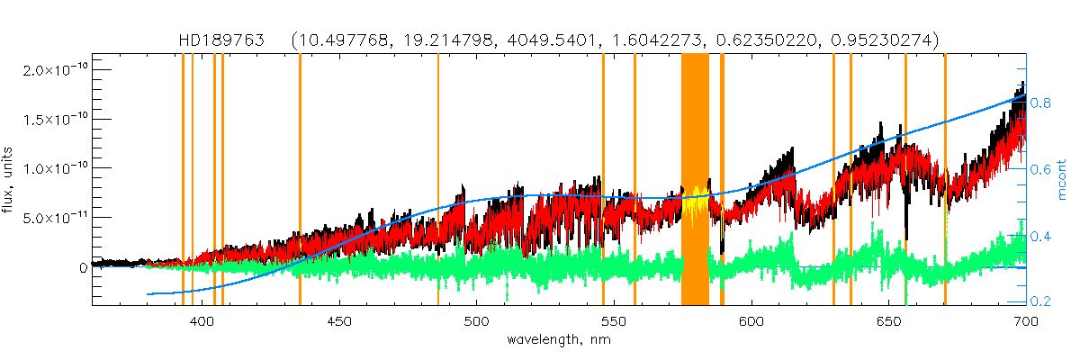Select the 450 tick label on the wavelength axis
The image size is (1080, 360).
[339, 320]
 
